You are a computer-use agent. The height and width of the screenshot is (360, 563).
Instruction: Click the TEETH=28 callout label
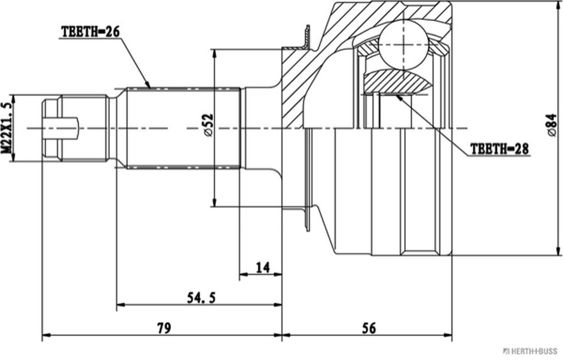pos(500,149)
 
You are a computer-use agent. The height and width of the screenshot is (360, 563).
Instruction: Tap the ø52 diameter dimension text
pos(207,126)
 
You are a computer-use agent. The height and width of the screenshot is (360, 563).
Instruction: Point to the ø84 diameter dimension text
pos(551,126)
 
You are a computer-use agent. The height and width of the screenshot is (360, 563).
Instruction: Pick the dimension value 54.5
pos(201,298)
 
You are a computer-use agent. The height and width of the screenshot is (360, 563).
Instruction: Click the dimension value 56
pos(369,328)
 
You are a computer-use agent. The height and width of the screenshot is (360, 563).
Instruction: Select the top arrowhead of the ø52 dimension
pos(213,53)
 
